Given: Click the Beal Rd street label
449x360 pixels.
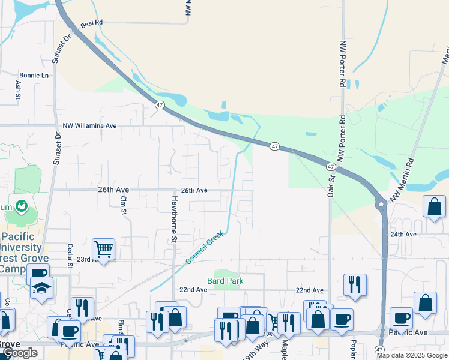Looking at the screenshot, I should point(91,22).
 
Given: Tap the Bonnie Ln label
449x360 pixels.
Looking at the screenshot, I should point(34,76).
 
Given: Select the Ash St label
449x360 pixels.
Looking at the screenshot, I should point(17,90).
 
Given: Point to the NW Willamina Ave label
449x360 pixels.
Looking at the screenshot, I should point(89,126).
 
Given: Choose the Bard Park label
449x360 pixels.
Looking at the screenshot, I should point(223,280).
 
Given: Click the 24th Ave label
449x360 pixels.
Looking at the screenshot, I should point(403,235).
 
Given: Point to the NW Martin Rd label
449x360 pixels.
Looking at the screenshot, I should point(402,180).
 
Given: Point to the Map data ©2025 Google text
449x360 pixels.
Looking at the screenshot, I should point(412,355).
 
